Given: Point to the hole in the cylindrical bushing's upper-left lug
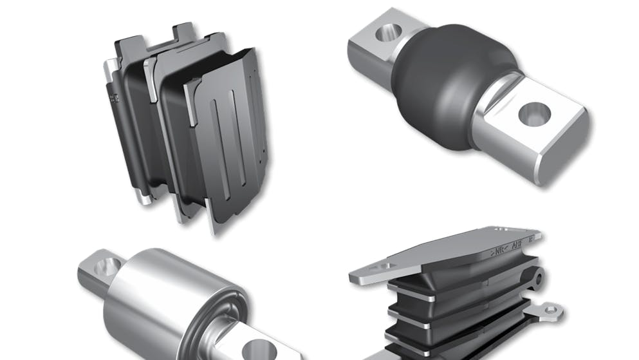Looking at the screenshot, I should coord(110,265).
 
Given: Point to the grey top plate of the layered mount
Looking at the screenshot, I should coord(450,251).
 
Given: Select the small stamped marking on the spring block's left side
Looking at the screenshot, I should coord(115,99).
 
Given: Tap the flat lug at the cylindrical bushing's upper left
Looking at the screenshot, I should coord(100,270).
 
